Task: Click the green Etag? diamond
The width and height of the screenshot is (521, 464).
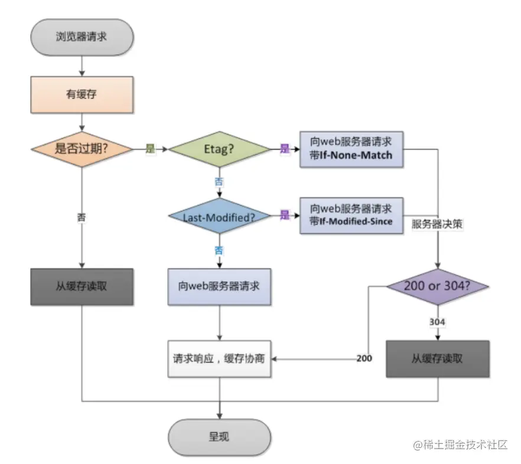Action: point(219,149)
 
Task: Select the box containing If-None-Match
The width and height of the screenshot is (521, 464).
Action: point(351,149)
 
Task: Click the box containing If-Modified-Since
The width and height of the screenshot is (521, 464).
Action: point(351,215)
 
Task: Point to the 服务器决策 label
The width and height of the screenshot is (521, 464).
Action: point(438,224)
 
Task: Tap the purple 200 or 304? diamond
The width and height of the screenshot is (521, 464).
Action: point(438,287)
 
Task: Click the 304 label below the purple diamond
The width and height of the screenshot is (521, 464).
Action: point(438,322)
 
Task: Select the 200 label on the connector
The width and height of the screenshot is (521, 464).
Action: point(364,359)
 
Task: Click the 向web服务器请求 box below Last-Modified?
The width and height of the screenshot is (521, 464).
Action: point(219,287)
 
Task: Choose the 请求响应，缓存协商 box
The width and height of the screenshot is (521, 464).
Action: point(219,359)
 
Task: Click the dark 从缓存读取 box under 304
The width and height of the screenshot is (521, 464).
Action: point(438,359)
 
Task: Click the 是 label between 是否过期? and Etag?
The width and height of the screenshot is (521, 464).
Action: point(151,149)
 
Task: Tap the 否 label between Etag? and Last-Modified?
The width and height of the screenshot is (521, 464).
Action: point(219,182)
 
